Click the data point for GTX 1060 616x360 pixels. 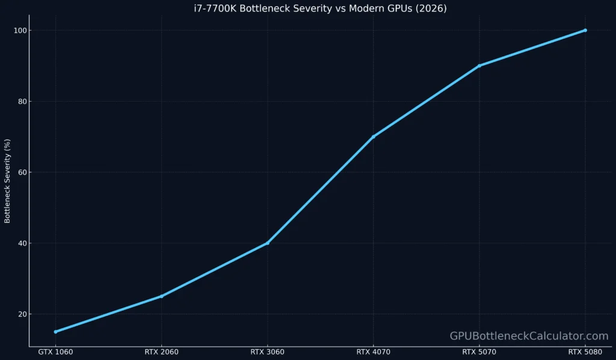pyautogui.click(x=55, y=332)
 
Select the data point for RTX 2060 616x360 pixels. pyautogui.click(x=161, y=296)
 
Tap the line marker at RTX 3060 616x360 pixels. pyautogui.click(x=268, y=243)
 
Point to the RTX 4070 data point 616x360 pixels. pyautogui.click(x=374, y=137)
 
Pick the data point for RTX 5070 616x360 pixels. pyautogui.click(x=479, y=66)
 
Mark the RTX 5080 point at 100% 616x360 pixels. pyautogui.click(x=585, y=30)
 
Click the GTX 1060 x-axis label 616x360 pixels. pyautogui.click(x=55, y=352)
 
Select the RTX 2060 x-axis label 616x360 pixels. pyautogui.click(x=161, y=352)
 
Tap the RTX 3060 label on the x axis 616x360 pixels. pyautogui.click(x=268, y=352)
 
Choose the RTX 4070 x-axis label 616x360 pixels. pyautogui.click(x=374, y=352)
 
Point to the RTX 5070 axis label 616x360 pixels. pyautogui.click(x=479, y=352)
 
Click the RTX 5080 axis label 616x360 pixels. pyautogui.click(x=585, y=352)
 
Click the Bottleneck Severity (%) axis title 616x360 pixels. pyautogui.click(x=7, y=181)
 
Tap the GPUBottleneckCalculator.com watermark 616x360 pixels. pyautogui.click(x=529, y=336)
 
